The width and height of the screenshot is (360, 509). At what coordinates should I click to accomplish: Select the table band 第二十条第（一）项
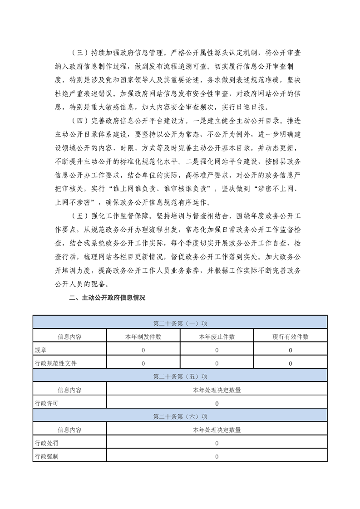[x=180, y=323]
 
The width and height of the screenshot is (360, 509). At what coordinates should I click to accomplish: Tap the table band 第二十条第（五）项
[x=180, y=376]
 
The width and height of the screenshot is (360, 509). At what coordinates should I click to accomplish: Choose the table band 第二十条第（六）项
[x=180, y=416]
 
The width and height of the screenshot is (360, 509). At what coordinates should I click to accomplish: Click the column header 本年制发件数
[x=143, y=337]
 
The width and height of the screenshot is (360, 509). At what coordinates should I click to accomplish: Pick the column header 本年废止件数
[x=217, y=337]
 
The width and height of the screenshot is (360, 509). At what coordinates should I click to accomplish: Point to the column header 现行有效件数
[x=291, y=337]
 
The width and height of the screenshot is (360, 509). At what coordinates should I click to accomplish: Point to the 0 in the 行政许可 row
[x=217, y=403]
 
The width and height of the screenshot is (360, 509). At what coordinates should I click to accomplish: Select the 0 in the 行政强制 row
[x=217, y=456]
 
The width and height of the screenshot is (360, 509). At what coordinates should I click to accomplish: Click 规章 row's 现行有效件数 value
[x=291, y=350]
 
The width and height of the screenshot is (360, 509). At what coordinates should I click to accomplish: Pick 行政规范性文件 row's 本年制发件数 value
[x=143, y=363]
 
